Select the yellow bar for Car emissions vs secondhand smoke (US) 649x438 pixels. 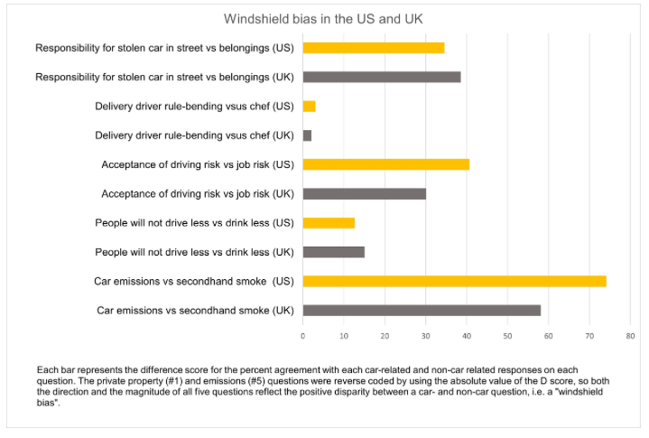click(x=454, y=281)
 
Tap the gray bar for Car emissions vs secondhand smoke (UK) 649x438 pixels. click(x=422, y=310)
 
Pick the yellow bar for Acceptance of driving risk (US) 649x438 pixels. click(x=386, y=164)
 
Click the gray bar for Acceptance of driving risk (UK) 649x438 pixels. click(x=364, y=193)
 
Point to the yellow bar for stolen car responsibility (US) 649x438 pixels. click(x=374, y=48)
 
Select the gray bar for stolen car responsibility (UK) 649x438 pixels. click(x=382, y=77)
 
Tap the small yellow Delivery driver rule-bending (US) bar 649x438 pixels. click(x=309, y=107)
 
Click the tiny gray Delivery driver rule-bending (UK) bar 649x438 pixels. click(x=307, y=135)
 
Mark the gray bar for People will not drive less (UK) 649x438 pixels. click(x=334, y=252)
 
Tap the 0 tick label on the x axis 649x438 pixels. click(x=303, y=335)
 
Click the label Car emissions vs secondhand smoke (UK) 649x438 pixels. click(x=196, y=311)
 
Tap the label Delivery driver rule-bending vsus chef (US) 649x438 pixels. click(x=195, y=107)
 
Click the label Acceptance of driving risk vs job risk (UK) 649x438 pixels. click(x=198, y=193)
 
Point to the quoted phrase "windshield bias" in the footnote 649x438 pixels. click(x=597, y=394)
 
